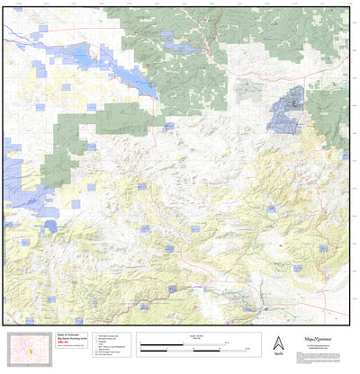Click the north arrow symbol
[278, 343]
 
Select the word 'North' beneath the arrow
[278, 356]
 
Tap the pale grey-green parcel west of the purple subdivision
[249, 90]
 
